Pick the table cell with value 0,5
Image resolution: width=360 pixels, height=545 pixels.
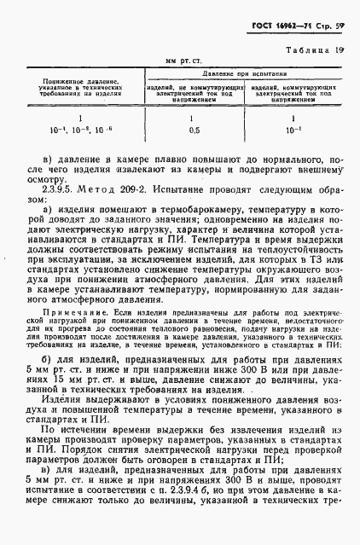point(193,130)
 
